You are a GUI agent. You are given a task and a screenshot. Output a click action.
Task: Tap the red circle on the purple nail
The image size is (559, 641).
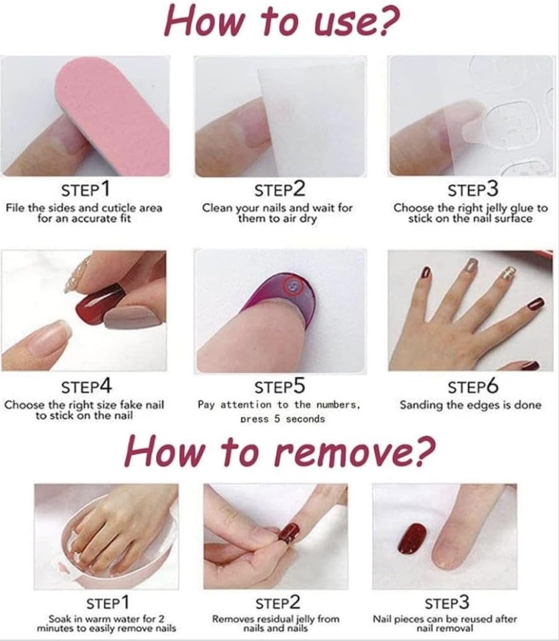click(294, 286)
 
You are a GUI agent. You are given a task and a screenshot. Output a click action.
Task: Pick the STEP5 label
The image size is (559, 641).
click(279, 386)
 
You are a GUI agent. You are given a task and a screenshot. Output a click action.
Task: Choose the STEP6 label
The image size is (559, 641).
click(473, 386)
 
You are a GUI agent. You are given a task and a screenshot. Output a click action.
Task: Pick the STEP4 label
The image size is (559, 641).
click(86, 386)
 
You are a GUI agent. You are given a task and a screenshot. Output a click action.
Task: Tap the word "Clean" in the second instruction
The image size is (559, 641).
click(218, 208)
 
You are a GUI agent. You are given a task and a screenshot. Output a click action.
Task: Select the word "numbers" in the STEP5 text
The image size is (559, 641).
click(337, 405)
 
